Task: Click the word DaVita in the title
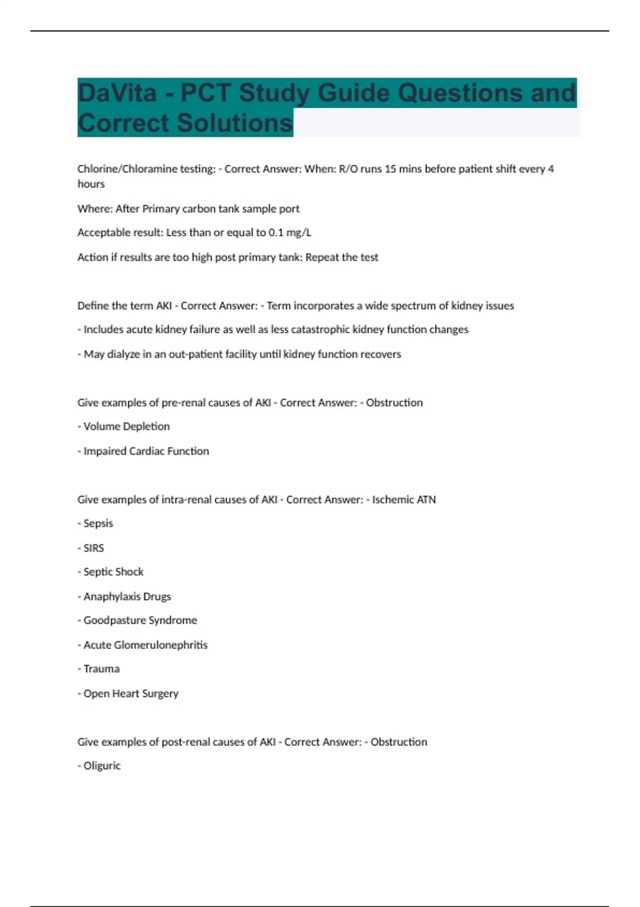coord(117,93)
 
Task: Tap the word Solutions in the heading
coord(235,123)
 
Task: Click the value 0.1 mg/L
coord(291,233)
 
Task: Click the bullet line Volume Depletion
coord(126,426)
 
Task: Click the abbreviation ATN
coord(426,500)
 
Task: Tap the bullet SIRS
coord(93,548)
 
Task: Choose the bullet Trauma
coord(101,669)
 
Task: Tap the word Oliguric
coord(102,766)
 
